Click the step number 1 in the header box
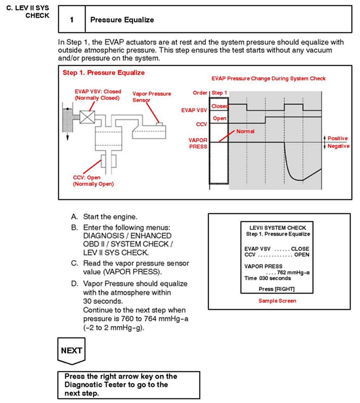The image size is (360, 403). tap(72, 20)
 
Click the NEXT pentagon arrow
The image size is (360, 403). tap(71, 351)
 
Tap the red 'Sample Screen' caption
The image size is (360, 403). tap(277, 301)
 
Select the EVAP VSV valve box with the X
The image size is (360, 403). tap(87, 117)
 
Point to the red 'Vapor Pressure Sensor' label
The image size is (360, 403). tap(151, 97)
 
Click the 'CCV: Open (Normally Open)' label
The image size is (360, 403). tap(93, 181)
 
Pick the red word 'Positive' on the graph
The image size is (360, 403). tap(337, 138)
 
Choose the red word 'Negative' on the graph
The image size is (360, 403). tap(338, 146)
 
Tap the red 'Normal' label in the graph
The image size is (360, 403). tap(245, 131)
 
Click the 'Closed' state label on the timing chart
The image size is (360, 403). tap(219, 106)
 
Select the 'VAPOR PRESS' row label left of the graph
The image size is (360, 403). tap(198, 143)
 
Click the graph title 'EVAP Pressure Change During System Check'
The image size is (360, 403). tap(268, 78)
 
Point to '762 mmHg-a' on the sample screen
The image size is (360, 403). tap(293, 272)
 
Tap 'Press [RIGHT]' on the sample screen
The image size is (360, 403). tap(276, 289)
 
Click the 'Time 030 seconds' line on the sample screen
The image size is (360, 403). tap(268, 278)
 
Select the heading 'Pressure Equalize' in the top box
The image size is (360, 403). tap(122, 20)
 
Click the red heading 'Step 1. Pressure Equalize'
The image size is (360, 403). tap(104, 73)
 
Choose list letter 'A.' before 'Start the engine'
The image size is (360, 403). tap(75, 217)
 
